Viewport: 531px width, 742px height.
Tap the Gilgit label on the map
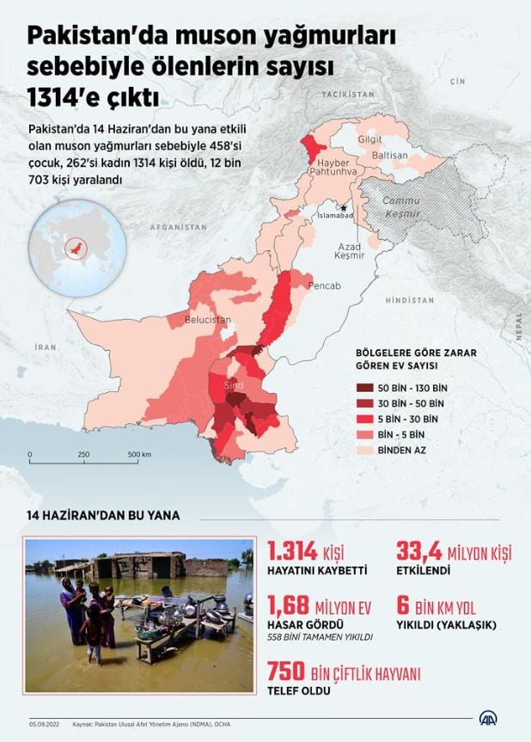pos(370,138)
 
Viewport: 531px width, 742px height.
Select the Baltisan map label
pos(389,156)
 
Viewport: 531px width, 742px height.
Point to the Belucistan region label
pos(208,320)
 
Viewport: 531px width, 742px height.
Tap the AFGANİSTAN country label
pos(179,228)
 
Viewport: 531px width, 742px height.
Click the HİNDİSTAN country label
pos(409,300)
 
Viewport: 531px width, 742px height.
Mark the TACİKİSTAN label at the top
pos(348,92)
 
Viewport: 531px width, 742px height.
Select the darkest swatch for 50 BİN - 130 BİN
pos(371,387)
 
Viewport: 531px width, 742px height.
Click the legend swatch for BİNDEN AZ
pos(371,449)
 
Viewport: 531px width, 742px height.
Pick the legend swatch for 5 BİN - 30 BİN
pos(371,418)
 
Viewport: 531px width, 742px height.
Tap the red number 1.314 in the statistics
pos(294,551)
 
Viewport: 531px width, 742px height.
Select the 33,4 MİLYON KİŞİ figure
pos(452,551)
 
